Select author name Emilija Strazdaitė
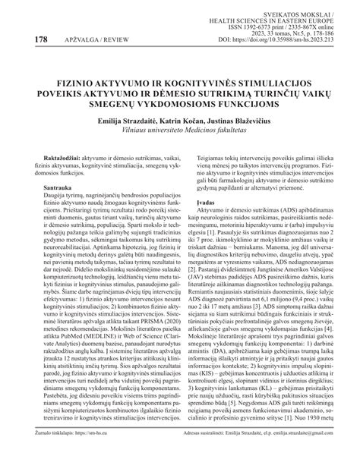pos(122,121)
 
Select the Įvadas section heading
pos(199,203)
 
